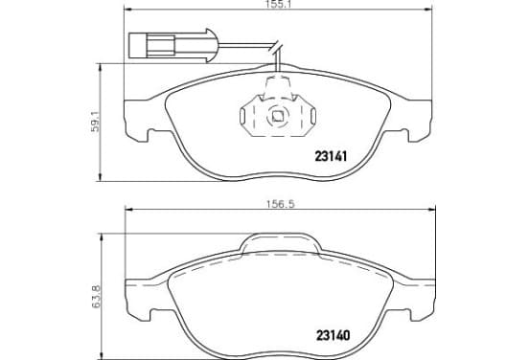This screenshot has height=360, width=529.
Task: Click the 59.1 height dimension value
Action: pos(95,121)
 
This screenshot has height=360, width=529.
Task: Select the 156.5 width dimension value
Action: pos(280,204)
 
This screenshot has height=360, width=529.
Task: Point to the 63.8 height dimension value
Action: pos(96,297)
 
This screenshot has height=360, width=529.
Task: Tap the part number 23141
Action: pos(331,156)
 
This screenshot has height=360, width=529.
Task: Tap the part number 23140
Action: pos(333,335)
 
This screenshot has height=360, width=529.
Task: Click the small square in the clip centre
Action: pos(278,116)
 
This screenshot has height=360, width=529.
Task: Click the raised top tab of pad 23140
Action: pos(281,242)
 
